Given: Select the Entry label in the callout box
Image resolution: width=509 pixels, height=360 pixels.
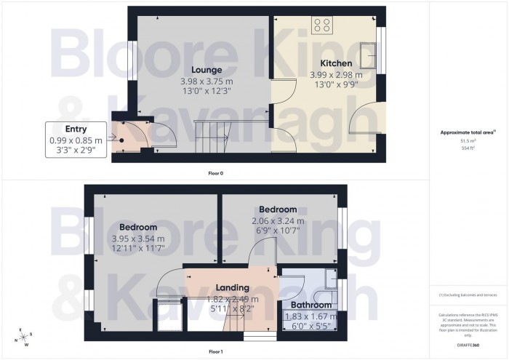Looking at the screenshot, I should point(76,129).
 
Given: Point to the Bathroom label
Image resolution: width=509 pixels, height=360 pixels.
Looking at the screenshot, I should point(310,305).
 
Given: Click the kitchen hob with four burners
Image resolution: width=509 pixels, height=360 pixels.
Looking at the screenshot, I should point(322,25).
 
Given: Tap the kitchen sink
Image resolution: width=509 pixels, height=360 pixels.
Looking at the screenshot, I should point(370,53).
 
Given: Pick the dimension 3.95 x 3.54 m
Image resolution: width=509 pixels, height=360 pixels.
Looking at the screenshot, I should point(138,238).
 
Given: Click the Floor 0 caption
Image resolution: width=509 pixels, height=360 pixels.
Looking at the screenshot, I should point(216,174).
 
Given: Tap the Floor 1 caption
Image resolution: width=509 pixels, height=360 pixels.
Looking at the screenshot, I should point(215,351).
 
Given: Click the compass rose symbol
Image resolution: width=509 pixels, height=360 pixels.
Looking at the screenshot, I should point(25,337).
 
